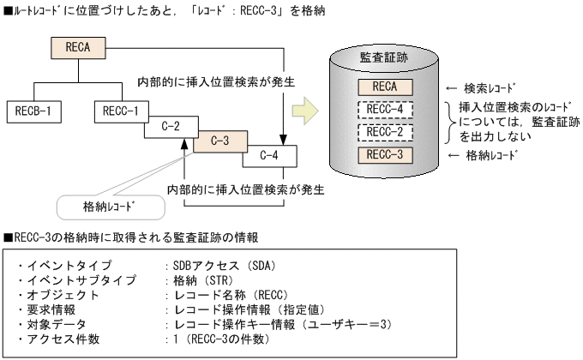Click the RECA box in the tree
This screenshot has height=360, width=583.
[x=78, y=46]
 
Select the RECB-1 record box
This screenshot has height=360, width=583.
[x=36, y=110]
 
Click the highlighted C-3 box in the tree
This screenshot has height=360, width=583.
[x=219, y=140]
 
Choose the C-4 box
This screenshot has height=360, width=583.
[x=267, y=155]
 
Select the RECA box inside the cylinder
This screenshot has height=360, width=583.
[x=383, y=87]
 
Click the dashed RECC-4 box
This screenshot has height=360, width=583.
[x=383, y=110]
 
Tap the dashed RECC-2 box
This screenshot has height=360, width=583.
[x=383, y=133]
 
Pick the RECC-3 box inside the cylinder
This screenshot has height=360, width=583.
[x=383, y=155]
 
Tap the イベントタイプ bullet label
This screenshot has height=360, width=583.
[x=61, y=266]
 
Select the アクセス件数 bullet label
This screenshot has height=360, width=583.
[x=61, y=339]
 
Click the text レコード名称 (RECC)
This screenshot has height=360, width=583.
[x=219, y=295]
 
